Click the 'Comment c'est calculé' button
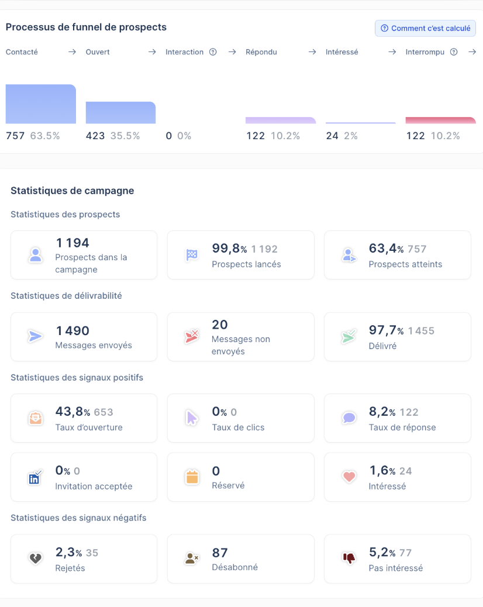click(425, 28)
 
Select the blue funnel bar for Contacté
click(40, 104)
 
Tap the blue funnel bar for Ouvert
click(120, 113)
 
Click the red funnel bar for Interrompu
click(440, 120)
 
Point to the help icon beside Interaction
click(213, 52)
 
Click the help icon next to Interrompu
click(454, 52)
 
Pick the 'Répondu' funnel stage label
click(261, 52)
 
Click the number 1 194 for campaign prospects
click(73, 243)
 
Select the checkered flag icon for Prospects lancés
click(192, 255)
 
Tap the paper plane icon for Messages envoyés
click(35, 336)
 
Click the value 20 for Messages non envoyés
click(220, 325)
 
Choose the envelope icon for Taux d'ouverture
click(36, 418)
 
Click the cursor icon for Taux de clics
click(192, 418)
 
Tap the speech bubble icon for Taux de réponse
click(349, 418)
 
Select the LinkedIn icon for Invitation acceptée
click(35, 477)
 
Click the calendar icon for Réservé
click(192, 477)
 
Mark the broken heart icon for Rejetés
click(36, 558)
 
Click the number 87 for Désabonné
click(220, 553)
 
